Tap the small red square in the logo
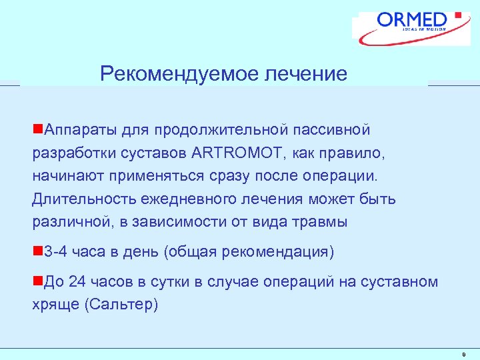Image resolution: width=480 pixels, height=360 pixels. [x=457, y=14]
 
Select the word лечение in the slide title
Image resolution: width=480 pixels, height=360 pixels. [x=306, y=73]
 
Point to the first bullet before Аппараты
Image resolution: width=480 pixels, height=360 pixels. [x=37, y=129]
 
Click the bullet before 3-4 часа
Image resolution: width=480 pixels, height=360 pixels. [x=37, y=252]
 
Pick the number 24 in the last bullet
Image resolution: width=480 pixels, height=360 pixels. [x=78, y=282]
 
